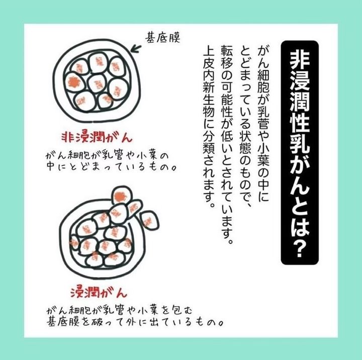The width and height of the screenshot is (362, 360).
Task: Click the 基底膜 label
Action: pyautogui.click(x=162, y=38)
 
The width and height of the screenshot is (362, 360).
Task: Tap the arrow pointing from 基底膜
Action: pyautogui.click(x=136, y=49)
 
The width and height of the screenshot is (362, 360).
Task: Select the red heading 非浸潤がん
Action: pyautogui.click(x=97, y=138)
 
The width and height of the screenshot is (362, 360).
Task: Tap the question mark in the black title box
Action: pyautogui.click(x=300, y=248)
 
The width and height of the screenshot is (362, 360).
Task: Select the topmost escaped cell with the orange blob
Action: pyautogui.click(x=122, y=195)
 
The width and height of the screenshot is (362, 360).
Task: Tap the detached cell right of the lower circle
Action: pyautogui.click(x=150, y=221)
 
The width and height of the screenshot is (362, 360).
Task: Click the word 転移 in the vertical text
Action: pyautogui.click(x=227, y=59)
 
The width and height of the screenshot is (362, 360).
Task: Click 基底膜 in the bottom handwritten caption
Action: pyautogui.click(x=64, y=322)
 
